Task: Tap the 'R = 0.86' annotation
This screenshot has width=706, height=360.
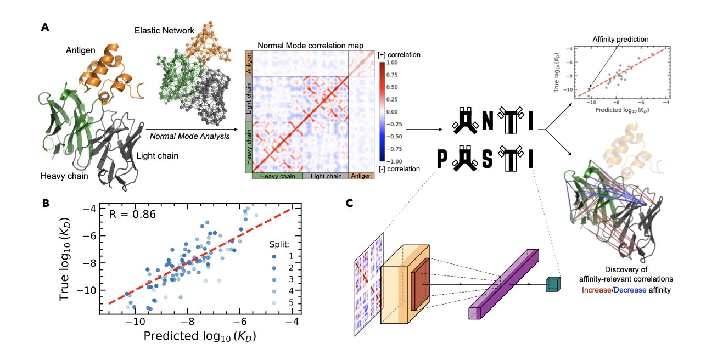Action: (132, 213)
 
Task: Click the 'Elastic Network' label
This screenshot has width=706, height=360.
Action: (160, 30)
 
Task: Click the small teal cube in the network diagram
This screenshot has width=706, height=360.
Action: (552, 284)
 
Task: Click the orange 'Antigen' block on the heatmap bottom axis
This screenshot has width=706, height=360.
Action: (361, 176)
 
